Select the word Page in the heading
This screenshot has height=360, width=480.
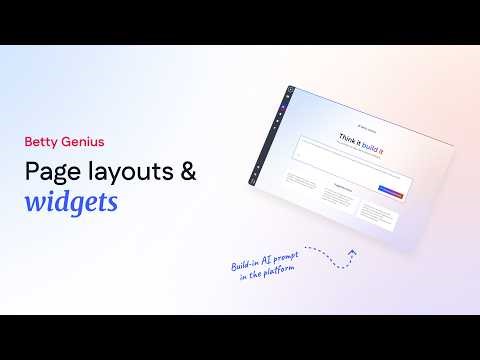[x=51, y=171]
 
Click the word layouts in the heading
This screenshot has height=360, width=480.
[x=127, y=170]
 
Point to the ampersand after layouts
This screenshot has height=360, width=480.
[x=187, y=170]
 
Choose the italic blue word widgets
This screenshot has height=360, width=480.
[x=71, y=202]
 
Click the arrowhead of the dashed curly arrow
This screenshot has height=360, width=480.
[x=351, y=253]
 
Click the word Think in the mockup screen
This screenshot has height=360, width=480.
[x=349, y=138]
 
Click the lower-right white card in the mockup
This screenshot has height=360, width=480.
[x=382, y=215]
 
